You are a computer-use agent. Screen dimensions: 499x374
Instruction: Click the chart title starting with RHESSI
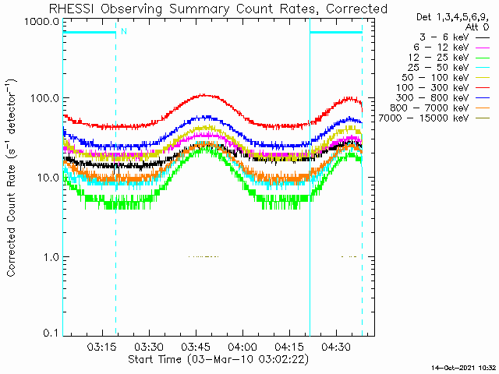coord(218,9)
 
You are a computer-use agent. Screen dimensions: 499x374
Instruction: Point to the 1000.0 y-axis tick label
coord(42,22)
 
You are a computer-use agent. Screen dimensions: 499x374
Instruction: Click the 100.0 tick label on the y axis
coord(45,98)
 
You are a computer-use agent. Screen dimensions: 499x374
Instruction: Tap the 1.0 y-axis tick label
coord(51,256)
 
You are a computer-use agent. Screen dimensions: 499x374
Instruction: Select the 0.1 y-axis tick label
coord(51,333)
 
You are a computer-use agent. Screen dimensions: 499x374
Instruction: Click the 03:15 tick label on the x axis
coord(102,346)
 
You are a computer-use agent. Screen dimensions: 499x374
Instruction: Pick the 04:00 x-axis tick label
coord(242,346)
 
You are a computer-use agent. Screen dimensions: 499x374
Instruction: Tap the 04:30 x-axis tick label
coord(336,346)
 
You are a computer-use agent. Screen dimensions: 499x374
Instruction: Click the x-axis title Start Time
coord(218,360)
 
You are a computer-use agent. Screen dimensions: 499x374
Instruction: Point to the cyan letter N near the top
coord(124,31)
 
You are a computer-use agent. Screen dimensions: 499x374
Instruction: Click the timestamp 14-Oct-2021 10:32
coord(464,368)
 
